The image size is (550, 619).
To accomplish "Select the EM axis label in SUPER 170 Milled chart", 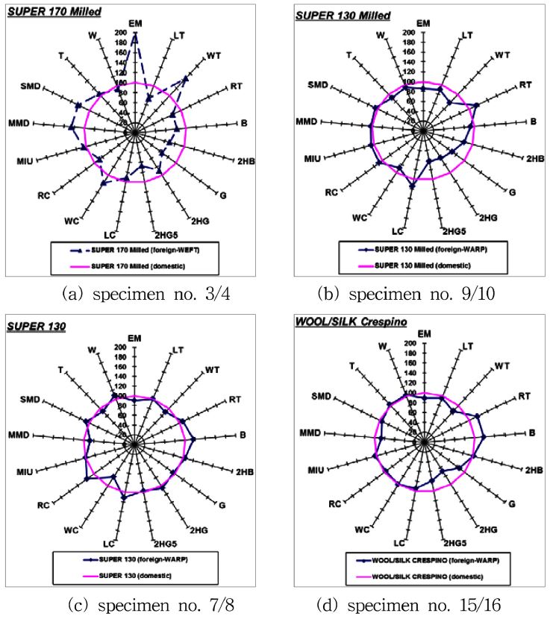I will pyautogui.click(x=135, y=23).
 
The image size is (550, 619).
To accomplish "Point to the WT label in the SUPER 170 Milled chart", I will pyautogui.click(x=213, y=56).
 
